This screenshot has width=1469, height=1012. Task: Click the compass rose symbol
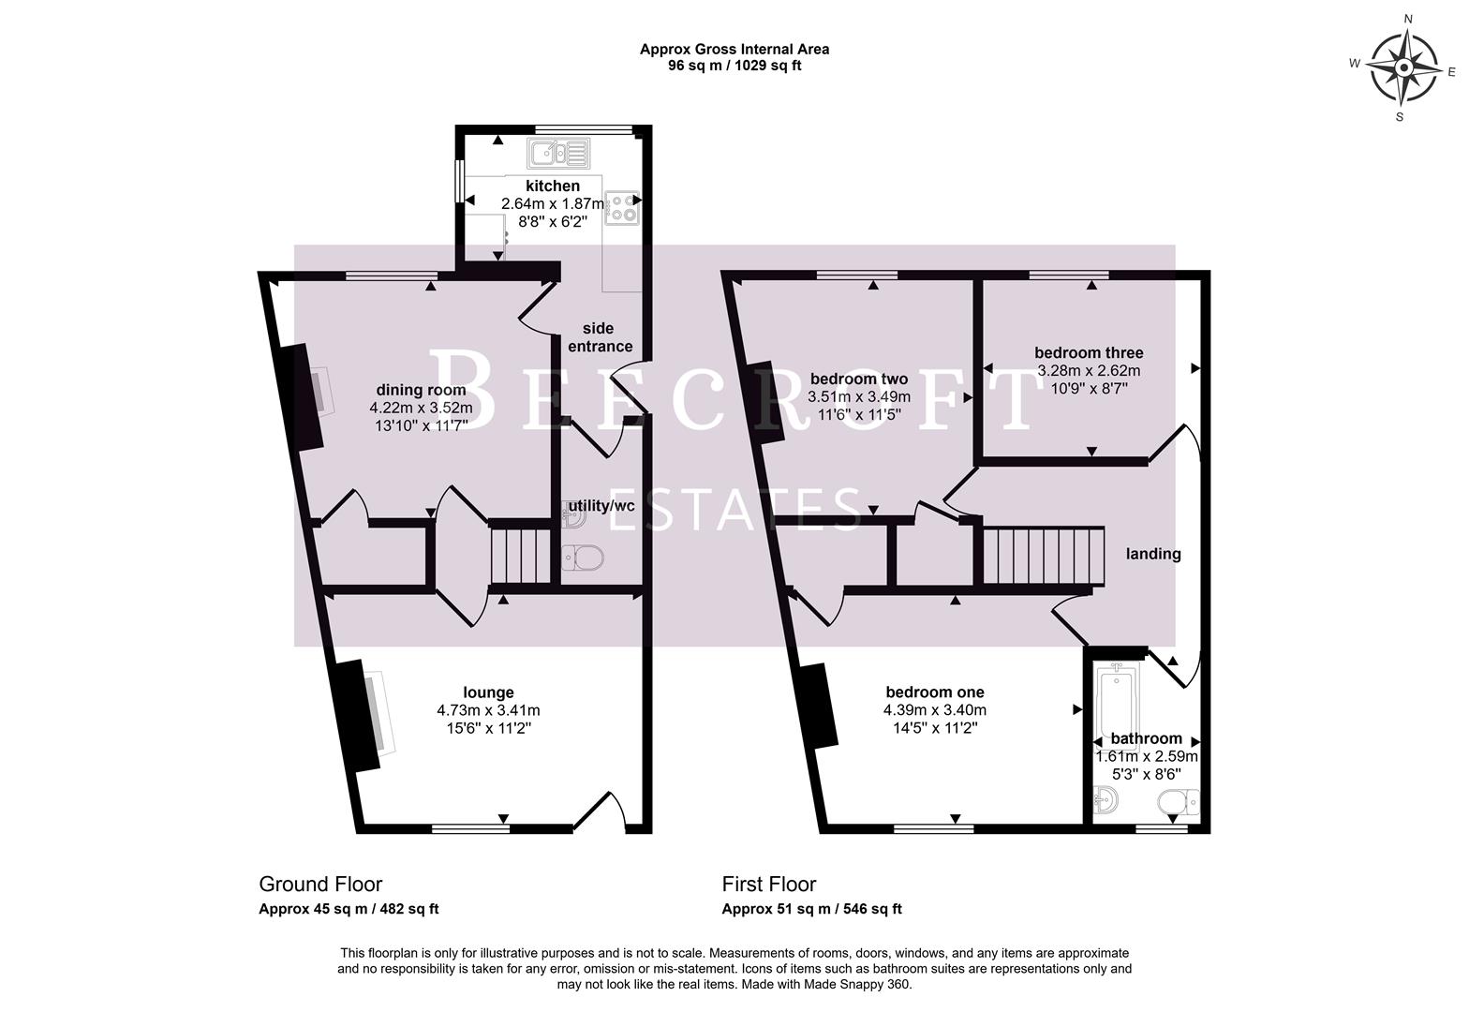coord(1404,68)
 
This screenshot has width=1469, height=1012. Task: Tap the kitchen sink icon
coord(557,152)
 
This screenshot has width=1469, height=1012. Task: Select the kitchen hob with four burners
coord(622,208)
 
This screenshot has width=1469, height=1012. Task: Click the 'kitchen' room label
coord(552,186)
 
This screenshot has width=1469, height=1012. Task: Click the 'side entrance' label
coord(600,337)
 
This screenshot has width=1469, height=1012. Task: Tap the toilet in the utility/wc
coord(583,558)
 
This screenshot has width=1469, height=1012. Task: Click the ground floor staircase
coord(521,555)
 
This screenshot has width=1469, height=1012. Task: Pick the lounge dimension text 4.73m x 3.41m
coord(488,710)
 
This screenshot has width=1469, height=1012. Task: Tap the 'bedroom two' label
coord(858,379)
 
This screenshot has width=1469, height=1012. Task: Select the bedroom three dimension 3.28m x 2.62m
coord(1089,370)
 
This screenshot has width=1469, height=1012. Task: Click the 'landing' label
coord(1152,554)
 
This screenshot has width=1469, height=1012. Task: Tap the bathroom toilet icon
coord(1178,803)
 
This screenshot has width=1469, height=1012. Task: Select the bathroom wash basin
coord(1106,801)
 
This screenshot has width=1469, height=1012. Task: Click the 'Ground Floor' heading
coord(320,884)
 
